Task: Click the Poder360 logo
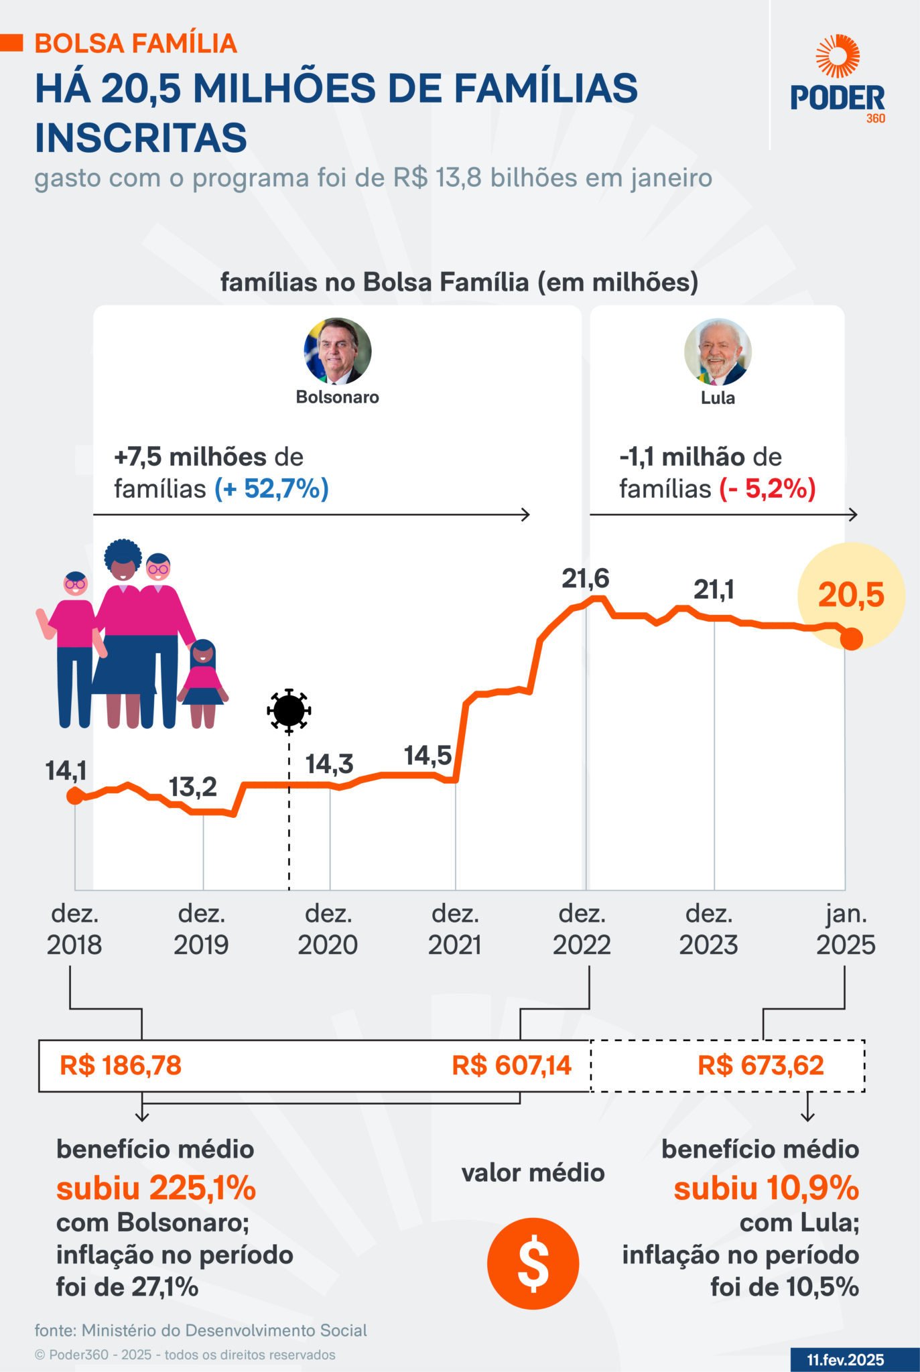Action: point(838,80)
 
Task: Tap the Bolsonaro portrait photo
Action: point(338,351)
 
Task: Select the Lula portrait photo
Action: point(718,352)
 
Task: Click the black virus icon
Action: point(289,710)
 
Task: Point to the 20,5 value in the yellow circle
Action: point(851,595)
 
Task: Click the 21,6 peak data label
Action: point(585,578)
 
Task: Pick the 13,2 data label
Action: point(192,787)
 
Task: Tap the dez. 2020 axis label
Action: point(328,929)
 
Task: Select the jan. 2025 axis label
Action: point(846,929)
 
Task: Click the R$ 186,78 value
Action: point(121,1066)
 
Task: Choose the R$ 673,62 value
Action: point(761,1066)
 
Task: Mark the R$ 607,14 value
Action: point(511,1066)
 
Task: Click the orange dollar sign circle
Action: point(533,1263)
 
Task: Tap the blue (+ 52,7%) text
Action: point(271,489)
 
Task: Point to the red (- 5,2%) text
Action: point(767,489)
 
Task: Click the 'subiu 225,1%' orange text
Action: point(156,1188)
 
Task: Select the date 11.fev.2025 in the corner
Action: point(845,1360)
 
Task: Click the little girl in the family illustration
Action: point(203,683)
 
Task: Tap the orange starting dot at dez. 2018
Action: point(75,796)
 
